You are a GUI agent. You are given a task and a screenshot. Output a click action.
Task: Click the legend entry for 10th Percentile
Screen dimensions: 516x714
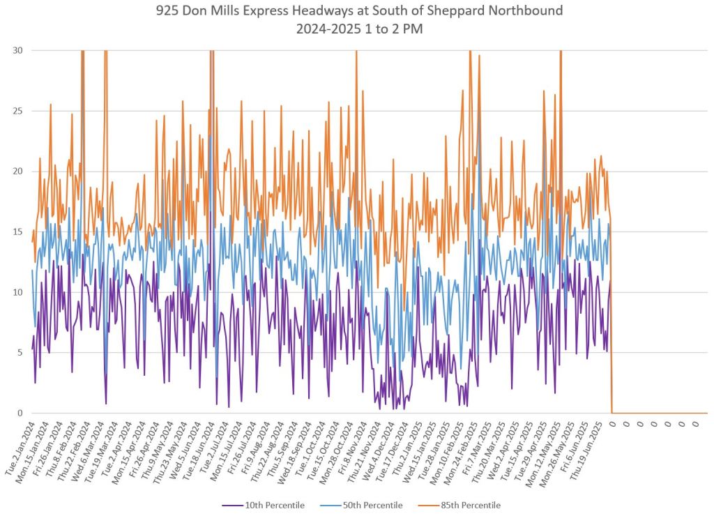273,505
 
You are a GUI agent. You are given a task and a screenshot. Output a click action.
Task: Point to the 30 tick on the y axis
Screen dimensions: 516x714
17,50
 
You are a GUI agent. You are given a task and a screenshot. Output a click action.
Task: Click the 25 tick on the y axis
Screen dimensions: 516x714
17,111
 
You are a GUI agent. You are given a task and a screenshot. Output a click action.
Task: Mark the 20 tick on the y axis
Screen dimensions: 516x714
17,172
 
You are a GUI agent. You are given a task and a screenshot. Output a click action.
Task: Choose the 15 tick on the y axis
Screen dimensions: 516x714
17,232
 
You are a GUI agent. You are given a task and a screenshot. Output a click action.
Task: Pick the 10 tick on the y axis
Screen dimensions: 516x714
17,292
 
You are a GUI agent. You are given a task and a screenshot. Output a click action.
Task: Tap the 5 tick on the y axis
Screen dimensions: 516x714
19,353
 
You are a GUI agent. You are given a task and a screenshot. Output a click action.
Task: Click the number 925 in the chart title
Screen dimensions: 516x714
169,11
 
